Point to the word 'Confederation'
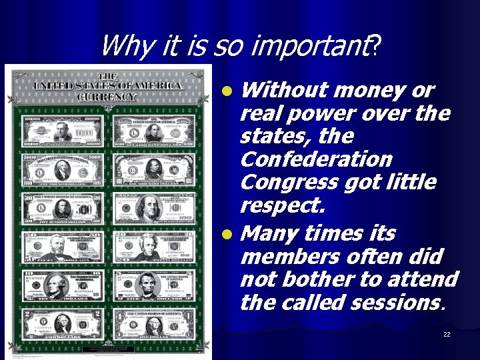tap(316, 159)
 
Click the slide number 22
tap(446, 334)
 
